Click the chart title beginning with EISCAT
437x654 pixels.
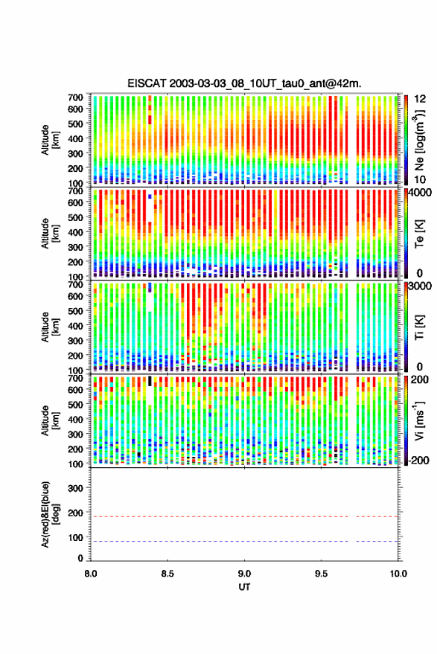(244, 83)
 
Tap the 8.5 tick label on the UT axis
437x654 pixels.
(168, 574)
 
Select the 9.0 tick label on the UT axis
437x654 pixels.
(244, 574)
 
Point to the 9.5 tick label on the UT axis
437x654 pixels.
(321, 574)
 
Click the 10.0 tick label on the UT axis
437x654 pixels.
(398, 574)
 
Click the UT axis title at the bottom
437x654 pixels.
(244, 587)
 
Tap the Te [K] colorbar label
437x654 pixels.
(419, 234)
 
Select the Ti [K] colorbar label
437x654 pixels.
(419, 327)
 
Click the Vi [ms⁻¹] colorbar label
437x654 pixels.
(419, 420)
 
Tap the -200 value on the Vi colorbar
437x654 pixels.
(419, 460)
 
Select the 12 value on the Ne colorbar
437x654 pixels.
(420, 99)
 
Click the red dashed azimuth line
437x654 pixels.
(245, 517)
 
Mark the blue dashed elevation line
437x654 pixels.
(245, 542)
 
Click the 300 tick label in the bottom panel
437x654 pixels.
(75, 488)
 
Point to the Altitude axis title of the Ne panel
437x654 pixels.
(51, 140)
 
